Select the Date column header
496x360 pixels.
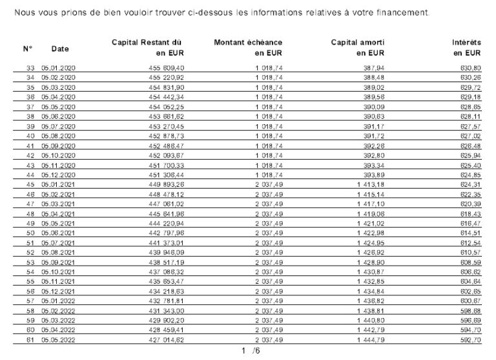point(60,48)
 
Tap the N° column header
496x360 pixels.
point(28,48)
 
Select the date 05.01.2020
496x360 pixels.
point(58,68)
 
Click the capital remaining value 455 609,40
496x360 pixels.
point(166,68)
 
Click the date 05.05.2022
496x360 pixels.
point(58,339)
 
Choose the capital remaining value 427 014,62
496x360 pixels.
point(166,339)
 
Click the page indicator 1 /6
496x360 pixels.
point(250,351)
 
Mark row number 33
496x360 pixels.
point(30,68)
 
